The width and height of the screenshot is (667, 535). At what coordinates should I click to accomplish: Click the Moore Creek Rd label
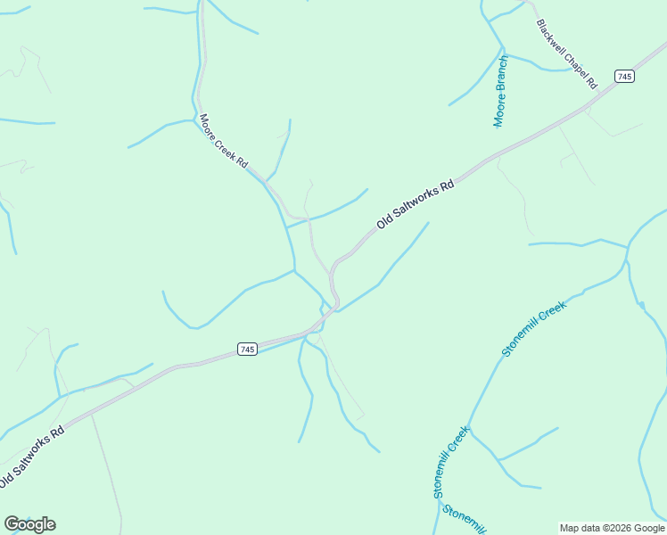pyautogui.click(x=223, y=143)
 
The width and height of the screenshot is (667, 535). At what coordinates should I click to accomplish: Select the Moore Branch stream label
pyautogui.click(x=501, y=91)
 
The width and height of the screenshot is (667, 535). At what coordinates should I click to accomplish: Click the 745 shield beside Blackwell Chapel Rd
pyautogui.click(x=624, y=77)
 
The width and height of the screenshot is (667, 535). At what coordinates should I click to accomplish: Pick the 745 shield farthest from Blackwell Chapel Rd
pyautogui.click(x=248, y=350)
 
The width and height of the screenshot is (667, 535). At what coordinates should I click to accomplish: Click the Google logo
pyautogui.click(x=29, y=524)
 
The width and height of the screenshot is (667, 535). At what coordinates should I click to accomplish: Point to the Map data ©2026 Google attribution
pyautogui.click(x=612, y=528)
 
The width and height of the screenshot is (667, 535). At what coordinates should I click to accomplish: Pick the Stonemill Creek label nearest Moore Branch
pyautogui.click(x=533, y=328)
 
